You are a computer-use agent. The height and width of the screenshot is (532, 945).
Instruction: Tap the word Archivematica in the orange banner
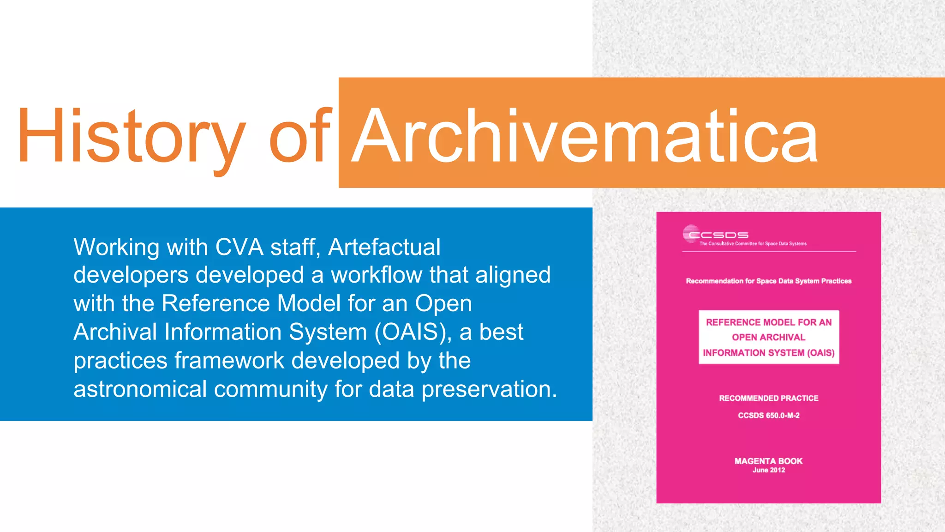[x=584, y=136]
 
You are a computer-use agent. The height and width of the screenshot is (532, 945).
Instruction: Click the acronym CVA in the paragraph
[x=239, y=247]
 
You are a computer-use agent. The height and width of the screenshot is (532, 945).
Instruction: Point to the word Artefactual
[x=384, y=247]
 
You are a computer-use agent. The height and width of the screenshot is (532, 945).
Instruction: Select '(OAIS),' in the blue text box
[x=413, y=332]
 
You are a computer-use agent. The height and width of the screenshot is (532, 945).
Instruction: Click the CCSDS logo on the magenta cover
[x=715, y=234]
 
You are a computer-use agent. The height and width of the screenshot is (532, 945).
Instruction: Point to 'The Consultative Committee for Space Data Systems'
[x=753, y=244]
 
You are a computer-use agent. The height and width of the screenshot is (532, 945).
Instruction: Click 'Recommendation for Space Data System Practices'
[x=769, y=281]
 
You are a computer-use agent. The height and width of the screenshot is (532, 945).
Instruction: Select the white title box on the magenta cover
[x=769, y=337]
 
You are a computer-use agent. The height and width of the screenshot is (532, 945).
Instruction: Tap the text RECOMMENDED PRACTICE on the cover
[x=769, y=398]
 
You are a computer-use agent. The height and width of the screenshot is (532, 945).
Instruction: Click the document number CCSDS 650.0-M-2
[x=769, y=416]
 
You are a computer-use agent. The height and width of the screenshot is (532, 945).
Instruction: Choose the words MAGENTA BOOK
[x=769, y=461]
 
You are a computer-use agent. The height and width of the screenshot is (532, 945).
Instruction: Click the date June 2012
[x=769, y=470]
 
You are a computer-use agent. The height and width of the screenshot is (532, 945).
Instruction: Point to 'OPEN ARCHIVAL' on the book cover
[x=769, y=337]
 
